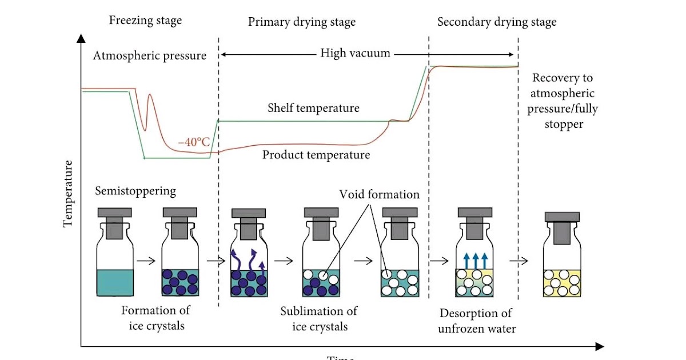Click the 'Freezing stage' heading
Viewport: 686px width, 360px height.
point(145,21)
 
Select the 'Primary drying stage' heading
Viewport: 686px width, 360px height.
point(301,22)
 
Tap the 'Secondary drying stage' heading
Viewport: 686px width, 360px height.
point(496,22)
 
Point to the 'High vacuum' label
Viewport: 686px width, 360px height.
point(355,54)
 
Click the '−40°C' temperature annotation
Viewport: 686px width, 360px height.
point(194,142)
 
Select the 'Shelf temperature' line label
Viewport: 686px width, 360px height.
point(313,108)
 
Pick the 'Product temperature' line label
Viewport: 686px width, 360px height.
point(316,155)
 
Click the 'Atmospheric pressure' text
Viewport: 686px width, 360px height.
point(149,56)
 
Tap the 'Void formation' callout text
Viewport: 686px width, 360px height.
point(380,194)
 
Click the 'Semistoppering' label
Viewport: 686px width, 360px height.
point(135,190)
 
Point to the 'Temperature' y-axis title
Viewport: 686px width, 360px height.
point(69,194)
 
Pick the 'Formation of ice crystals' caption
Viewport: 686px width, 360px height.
point(155,318)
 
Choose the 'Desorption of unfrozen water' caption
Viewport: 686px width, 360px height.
point(476,321)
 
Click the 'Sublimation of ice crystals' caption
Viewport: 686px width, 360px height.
point(319,319)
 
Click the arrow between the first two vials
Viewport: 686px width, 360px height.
point(146,261)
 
